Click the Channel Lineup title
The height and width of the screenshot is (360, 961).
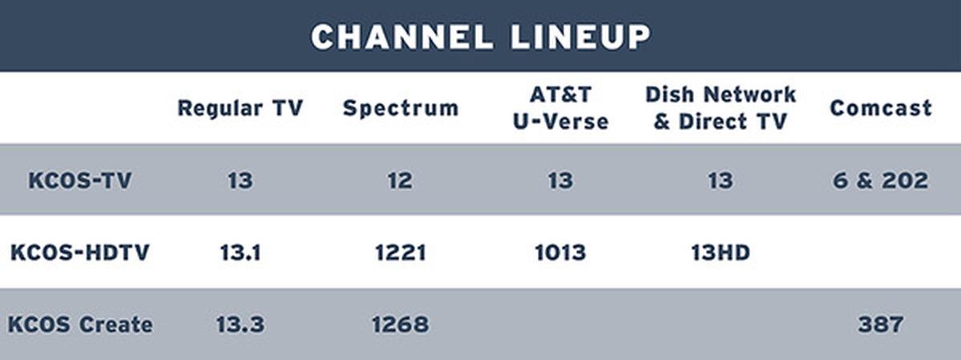coord(480,36)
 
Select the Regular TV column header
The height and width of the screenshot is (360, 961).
coord(240,108)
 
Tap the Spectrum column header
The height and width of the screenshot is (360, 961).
coord(400,108)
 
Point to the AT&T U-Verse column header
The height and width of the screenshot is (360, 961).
coord(561,108)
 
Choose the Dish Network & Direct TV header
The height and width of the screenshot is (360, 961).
coord(721,108)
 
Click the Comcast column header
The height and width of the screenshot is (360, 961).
coord(880,108)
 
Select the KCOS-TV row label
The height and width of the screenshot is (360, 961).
coord(79,180)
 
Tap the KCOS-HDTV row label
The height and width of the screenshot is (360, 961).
coord(79,253)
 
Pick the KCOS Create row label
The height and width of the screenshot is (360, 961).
coord(79,325)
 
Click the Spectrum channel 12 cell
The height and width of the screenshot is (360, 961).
coord(400,180)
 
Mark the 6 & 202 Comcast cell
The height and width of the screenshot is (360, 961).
coord(880,180)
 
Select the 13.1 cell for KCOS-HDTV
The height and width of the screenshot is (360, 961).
coord(240,253)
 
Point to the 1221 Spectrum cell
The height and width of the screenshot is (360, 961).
coord(400,253)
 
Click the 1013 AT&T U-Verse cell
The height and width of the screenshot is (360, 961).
coord(560,253)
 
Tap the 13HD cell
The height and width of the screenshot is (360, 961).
coord(721,253)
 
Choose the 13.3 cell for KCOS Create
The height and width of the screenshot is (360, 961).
coord(240,325)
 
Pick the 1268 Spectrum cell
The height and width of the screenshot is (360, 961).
coord(400,325)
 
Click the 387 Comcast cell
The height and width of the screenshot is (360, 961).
coord(880,325)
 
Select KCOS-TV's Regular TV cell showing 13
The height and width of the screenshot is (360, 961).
coord(240,180)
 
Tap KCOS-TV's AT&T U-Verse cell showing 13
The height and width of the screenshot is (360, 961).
coord(560,180)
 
